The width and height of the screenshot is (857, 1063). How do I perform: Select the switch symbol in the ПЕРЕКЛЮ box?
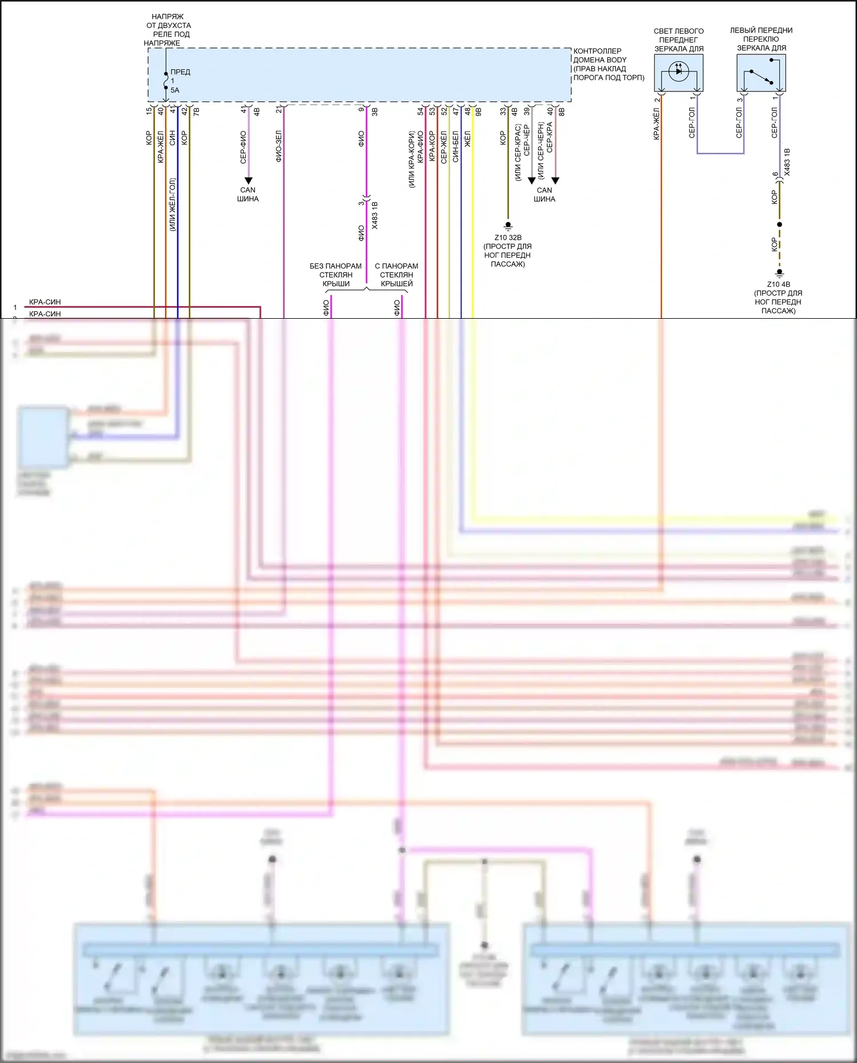point(761,77)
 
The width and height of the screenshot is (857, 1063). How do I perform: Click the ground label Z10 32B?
point(508,238)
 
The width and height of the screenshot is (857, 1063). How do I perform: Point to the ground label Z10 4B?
point(778,284)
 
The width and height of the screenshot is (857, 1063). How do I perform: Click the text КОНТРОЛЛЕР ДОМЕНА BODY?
point(600,55)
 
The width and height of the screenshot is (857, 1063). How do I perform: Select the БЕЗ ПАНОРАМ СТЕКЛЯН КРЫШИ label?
point(336,275)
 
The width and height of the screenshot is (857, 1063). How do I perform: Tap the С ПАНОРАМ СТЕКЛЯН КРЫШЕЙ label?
point(396,275)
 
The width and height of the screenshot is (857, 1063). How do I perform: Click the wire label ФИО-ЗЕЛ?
point(279,146)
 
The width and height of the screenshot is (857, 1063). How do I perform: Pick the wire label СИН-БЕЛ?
point(456,147)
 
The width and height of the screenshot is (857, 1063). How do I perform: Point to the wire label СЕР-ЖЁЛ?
point(444,147)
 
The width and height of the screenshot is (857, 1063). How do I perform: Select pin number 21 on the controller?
point(279,110)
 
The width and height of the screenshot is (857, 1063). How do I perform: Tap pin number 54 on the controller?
point(420,111)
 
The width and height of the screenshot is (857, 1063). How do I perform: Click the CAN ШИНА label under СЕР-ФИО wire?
point(248,194)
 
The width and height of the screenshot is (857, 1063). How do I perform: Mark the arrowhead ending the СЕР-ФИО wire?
point(248,180)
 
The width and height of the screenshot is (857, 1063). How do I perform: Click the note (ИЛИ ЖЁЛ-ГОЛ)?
point(172,204)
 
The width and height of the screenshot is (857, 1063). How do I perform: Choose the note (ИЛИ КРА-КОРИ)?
point(411,159)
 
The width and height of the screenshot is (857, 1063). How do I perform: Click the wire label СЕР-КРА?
point(550,137)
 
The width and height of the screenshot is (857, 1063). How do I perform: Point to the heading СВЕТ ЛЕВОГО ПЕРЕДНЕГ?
point(679,35)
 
